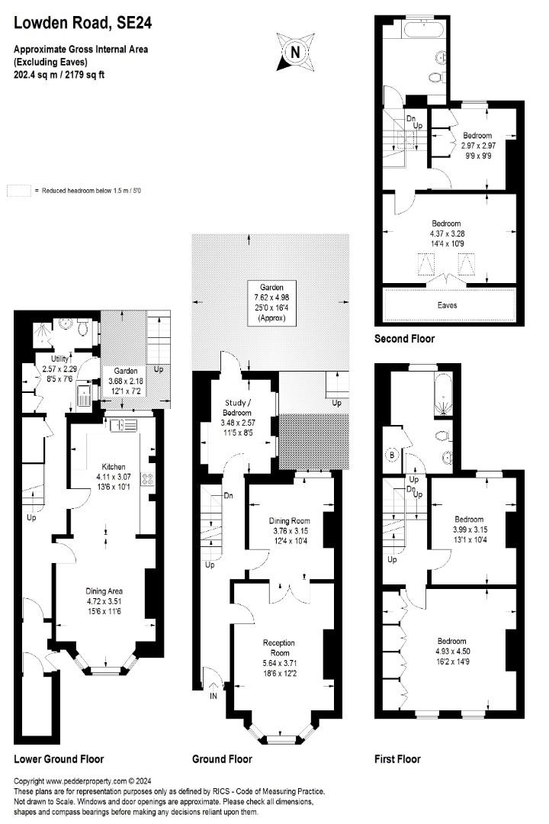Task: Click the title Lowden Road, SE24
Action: click(x=83, y=24)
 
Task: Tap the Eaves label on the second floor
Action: click(x=448, y=304)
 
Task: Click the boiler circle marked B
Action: click(x=393, y=455)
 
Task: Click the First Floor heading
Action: click(x=397, y=759)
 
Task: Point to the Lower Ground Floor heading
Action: click(x=59, y=759)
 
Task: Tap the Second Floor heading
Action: click(x=404, y=338)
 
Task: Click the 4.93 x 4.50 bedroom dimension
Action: click(x=451, y=651)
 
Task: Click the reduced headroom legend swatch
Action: click(x=18, y=190)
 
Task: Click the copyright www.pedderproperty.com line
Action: click(x=90, y=781)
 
